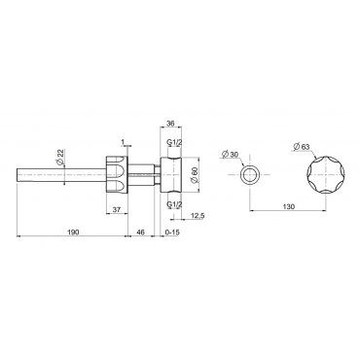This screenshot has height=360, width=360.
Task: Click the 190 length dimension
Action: pyautogui.click(x=73, y=232)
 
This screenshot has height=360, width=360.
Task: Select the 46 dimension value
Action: pyautogui.click(x=141, y=232)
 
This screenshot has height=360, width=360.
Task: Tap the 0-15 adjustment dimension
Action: pyautogui.click(x=172, y=232)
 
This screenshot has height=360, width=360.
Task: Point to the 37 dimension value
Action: pyautogui.click(x=117, y=210)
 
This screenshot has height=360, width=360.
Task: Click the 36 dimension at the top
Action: pyautogui.click(x=170, y=124)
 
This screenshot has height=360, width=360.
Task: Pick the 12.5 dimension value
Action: pyautogui.click(x=197, y=216)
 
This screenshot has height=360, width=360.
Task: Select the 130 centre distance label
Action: pyautogui.click(x=289, y=206)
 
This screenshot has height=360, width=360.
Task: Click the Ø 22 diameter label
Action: pyautogui.click(x=60, y=157)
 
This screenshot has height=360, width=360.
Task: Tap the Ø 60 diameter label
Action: pyautogui.click(x=195, y=175)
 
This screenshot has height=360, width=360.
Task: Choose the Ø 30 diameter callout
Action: pyautogui.click(x=231, y=154)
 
